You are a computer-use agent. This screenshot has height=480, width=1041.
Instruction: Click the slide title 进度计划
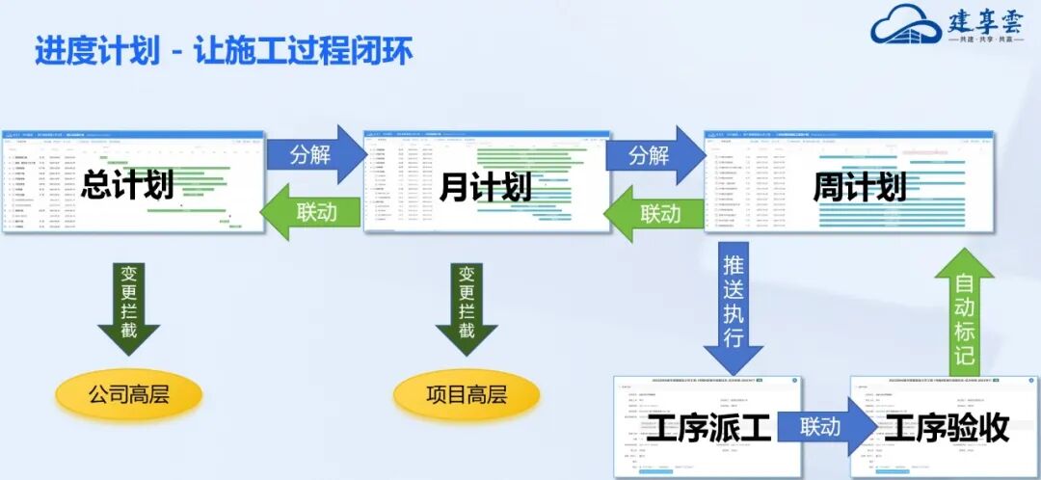tap(97, 50)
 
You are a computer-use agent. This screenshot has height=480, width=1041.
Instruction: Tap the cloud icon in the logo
tap(905, 28)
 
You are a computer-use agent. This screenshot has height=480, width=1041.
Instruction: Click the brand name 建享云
tap(985, 21)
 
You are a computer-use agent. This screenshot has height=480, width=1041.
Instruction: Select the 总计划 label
tap(127, 184)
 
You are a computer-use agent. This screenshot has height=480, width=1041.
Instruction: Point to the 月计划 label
tap(485, 186)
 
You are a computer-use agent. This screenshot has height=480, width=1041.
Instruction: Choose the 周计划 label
tap(859, 186)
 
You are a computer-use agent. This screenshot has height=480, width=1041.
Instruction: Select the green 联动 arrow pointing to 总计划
tap(311, 212)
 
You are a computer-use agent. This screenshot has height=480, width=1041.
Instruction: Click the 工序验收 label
tap(947, 428)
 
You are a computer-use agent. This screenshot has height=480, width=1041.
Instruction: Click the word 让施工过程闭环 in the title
tap(303, 50)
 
